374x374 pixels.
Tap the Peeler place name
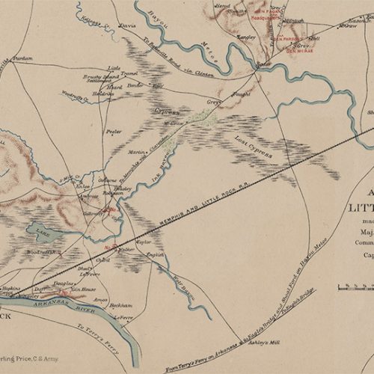[x=114, y=131]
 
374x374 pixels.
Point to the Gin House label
[x=83, y=289]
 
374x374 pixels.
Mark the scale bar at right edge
[x=355, y=286]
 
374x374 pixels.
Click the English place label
[x=156, y=254]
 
